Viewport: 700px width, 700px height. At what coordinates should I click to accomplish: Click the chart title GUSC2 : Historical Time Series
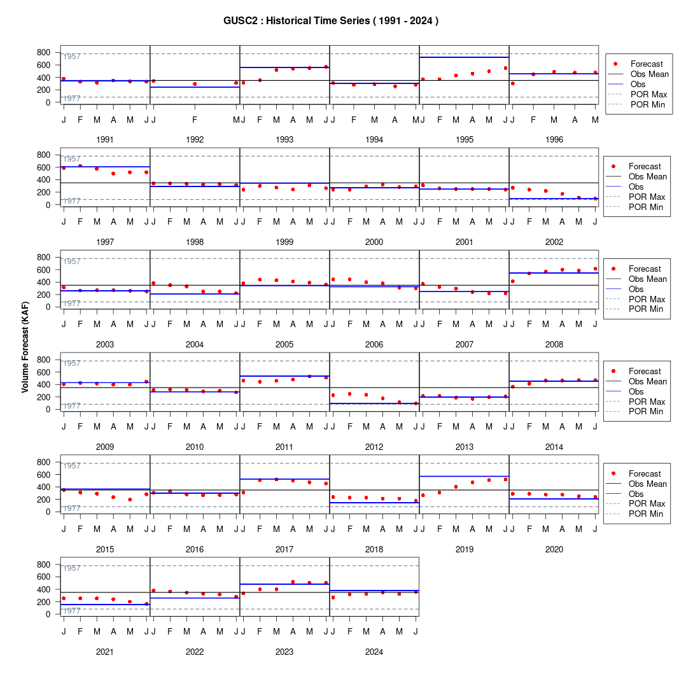297,21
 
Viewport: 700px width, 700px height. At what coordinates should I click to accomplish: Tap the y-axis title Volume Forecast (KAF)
25,347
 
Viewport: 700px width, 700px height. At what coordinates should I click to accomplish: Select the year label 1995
465,140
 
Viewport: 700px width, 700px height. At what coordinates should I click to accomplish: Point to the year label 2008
554,345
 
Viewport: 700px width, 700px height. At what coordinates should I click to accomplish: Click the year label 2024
374,652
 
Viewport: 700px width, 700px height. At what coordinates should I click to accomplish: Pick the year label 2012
374,447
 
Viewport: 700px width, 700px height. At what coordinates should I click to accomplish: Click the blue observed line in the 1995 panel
465,57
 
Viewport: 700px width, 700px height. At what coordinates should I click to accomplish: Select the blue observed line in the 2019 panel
465,477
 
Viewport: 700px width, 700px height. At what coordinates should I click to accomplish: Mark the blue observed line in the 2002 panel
554,199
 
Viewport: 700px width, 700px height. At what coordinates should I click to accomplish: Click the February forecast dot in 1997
80,165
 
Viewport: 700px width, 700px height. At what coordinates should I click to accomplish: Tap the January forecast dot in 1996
512,83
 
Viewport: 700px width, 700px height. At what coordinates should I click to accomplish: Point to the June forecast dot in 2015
146,494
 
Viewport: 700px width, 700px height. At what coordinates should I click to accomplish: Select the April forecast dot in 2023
293,582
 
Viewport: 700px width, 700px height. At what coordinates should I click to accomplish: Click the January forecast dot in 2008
512,281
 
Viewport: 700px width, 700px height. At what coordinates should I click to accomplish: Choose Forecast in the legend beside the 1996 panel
647,64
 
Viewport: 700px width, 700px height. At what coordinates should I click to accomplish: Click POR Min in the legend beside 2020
646,514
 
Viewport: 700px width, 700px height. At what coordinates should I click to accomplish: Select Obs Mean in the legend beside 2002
648,176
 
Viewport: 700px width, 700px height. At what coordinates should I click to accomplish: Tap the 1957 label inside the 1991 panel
72,57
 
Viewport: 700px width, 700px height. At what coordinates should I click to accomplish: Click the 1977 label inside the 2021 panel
72,611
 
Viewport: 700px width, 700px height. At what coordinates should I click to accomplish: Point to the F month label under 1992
195,120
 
